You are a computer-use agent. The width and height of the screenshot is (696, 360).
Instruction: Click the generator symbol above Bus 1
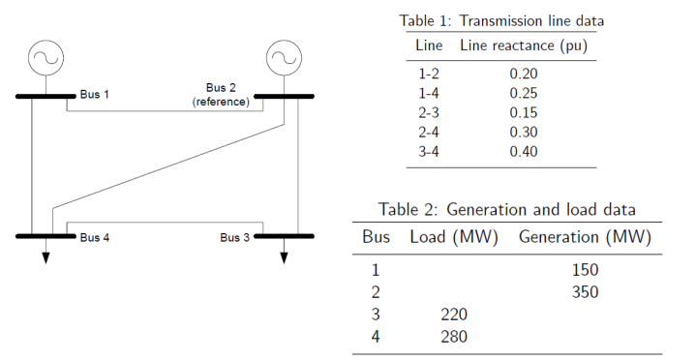pyautogui.click(x=45, y=58)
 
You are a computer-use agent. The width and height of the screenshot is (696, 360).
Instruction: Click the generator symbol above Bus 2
pyautogui.click(x=283, y=58)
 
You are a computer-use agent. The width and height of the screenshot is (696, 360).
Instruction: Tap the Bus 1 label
pyautogui.click(x=95, y=95)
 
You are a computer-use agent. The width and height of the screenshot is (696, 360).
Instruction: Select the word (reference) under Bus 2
pyautogui.click(x=222, y=102)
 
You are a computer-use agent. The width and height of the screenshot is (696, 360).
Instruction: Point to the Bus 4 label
pyautogui.click(x=95, y=237)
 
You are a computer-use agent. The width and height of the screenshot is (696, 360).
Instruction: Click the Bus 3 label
pyautogui.click(x=234, y=237)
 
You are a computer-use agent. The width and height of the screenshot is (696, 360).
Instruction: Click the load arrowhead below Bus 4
pyautogui.click(x=45, y=257)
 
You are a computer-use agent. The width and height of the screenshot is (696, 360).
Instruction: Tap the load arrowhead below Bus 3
pyautogui.click(x=284, y=257)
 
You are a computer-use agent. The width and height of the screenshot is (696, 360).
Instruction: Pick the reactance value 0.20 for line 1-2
pyautogui.click(x=523, y=73)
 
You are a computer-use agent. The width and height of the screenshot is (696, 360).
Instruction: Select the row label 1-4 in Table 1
pyautogui.click(x=429, y=92)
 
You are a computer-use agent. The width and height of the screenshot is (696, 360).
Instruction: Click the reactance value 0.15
pyautogui.click(x=523, y=111)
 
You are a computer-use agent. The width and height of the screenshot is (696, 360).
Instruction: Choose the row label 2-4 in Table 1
pyautogui.click(x=429, y=131)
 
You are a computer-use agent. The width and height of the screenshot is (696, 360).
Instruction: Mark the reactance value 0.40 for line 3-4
pyautogui.click(x=523, y=151)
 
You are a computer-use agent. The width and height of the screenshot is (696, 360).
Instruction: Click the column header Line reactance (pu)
pyautogui.click(x=523, y=45)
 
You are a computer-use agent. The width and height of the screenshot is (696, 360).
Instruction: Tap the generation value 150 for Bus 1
pyautogui.click(x=585, y=270)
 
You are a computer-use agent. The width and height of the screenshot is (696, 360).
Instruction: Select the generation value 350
pyautogui.click(x=585, y=292)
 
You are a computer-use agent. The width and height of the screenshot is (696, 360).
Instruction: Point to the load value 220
pyautogui.click(x=453, y=315)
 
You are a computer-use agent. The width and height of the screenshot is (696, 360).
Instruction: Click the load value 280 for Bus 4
pyautogui.click(x=453, y=337)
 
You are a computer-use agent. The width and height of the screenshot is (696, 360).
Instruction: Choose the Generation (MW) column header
pyautogui.click(x=585, y=237)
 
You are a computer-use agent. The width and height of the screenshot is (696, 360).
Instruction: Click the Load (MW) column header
pyautogui.click(x=453, y=237)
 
